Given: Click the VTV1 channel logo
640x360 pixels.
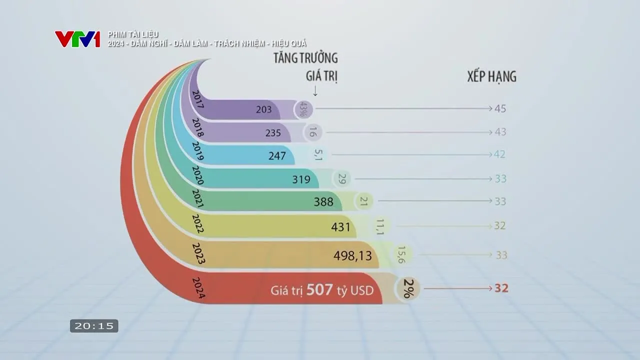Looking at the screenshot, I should tap(77, 39).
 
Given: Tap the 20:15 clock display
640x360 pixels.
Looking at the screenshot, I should tap(94, 326).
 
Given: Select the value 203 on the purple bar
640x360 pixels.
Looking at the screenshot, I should tap(263, 109).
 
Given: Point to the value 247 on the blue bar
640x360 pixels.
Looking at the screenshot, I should tap(277, 156).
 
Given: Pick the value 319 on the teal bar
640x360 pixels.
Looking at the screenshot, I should tap(301, 179).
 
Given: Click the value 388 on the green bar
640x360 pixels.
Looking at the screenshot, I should tap(323, 202).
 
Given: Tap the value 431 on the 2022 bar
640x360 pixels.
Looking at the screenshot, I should tap(341, 226).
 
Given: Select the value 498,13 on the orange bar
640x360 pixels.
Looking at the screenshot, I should tap(352, 255).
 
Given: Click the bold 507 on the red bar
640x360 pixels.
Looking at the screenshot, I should tap(319, 289).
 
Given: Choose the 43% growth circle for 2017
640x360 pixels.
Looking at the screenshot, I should tap(302, 109).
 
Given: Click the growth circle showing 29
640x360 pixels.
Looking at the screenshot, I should tap(342, 178).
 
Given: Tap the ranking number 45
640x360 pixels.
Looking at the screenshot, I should tap(500, 108).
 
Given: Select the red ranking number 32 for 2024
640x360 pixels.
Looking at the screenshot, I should tap(501, 288).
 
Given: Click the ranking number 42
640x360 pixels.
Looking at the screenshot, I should tap(499, 154).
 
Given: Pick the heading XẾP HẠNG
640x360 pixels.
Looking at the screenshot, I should tap(491, 76).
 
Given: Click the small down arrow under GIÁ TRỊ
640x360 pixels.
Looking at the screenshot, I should tap(315, 91).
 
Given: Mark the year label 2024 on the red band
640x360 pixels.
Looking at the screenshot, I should tap(198, 288).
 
